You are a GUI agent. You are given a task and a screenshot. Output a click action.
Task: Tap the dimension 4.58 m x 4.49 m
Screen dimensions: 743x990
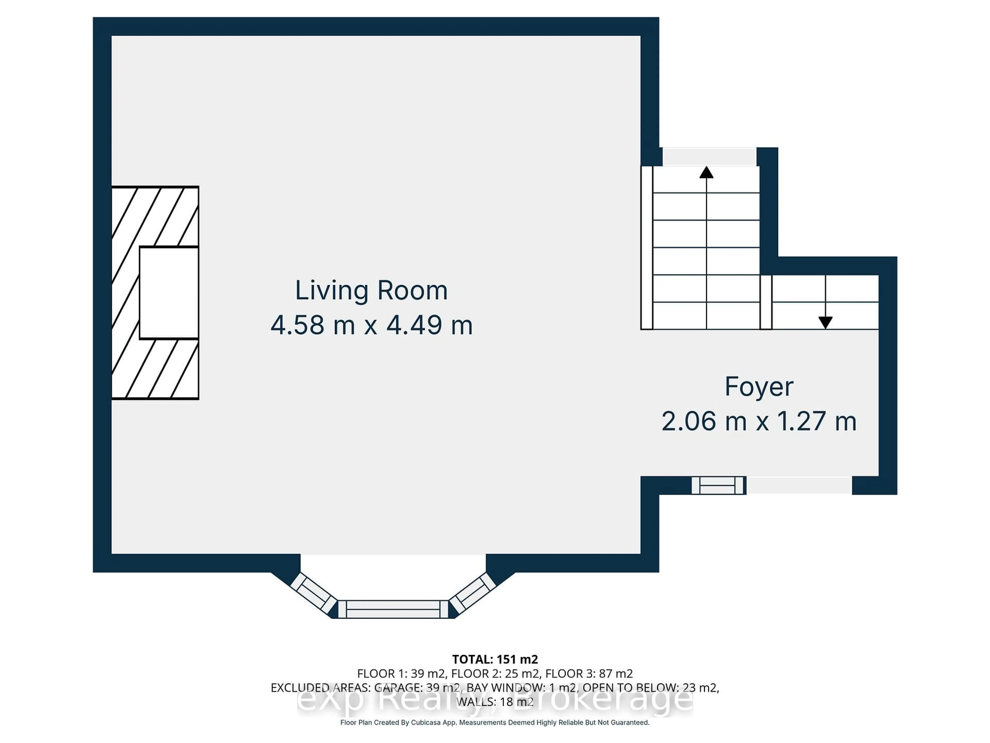371,325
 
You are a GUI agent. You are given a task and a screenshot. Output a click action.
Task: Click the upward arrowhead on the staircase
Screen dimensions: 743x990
706,172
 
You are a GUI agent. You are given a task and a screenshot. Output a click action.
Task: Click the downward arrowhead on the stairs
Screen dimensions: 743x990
825,322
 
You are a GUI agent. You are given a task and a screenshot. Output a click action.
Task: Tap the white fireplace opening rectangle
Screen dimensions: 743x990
169,293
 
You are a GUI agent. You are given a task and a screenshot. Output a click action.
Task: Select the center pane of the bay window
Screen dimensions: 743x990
393,609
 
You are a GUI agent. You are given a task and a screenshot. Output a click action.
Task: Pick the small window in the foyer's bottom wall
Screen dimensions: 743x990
718,486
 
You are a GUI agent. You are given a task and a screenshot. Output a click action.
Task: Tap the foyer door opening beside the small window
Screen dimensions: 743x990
799,486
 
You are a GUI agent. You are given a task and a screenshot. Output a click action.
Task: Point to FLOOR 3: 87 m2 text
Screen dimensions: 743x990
589,674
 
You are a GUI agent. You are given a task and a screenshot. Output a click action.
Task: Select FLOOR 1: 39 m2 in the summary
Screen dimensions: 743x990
401,674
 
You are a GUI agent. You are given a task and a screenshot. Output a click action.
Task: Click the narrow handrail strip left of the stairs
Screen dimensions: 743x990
647,248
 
